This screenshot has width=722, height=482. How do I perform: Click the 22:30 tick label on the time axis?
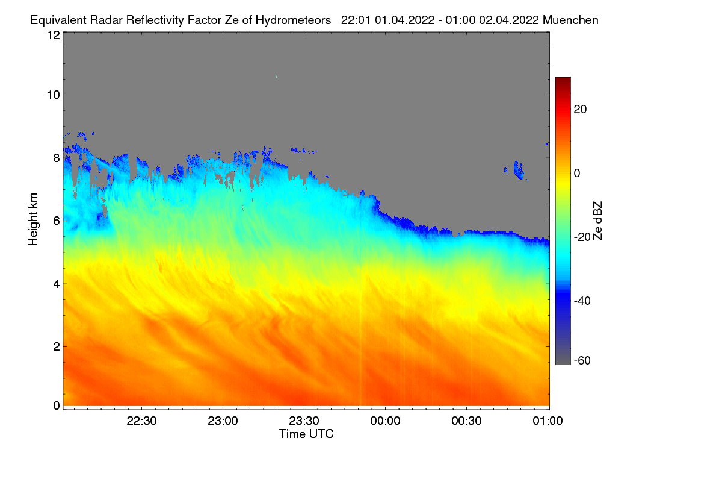[x=141, y=421]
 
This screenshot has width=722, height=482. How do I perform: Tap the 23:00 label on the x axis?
[x=223, y=421]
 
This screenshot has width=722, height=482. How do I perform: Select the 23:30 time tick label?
[x=304, y=421]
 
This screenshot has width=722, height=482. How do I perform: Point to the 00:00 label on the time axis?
[x=385, y=421]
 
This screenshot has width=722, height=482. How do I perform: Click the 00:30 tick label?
[x=466, y=421]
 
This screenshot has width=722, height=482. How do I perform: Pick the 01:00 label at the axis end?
[x=548, y=421]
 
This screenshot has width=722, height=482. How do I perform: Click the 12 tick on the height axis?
[x=54, y=35]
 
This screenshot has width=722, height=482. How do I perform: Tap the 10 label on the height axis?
[x=54, y=95]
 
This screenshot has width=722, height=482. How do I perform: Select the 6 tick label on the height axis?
[x=57, y=221]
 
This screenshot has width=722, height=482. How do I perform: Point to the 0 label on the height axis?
[x=57, y=405]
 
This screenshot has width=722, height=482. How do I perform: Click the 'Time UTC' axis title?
[x=306, y=434]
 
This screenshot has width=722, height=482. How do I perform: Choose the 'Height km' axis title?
[x=33, y=219]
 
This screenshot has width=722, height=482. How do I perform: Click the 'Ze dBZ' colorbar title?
[x=597, y=221]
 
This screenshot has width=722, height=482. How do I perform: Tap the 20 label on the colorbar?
[x=580, y=110]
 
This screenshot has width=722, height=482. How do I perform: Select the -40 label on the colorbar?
[x=582, y=301]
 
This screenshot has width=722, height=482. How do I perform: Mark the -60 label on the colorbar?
[x=582, y=360]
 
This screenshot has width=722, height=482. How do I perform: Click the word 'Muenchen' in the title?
[x=570, y=20]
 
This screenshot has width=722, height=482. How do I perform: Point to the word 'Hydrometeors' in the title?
[x=294, y=20]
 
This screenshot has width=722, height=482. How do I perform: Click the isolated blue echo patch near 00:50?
[x=518, y=170]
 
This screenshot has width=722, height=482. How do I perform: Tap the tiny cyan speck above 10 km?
[x=276, y=77]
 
